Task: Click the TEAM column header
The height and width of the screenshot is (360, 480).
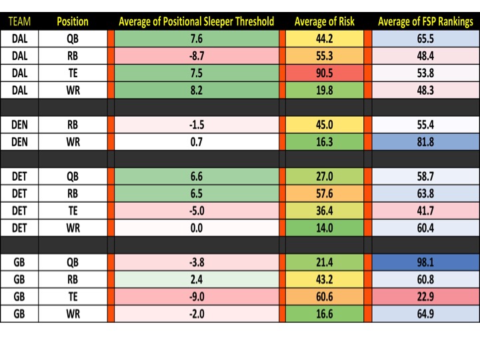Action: [x=19, y=21]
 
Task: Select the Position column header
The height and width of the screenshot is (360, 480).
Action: [x=73, y=21]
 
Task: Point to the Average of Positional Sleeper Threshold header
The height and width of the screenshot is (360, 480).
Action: [x=196, y=21]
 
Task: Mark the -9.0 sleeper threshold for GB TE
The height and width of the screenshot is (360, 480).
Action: [x=196, y=297]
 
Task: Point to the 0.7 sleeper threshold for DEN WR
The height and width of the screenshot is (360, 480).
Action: [x=196, y=141]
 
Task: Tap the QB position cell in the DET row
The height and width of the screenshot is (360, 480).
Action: [x=73, y=176]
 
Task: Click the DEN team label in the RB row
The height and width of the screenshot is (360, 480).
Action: [x=19, y=124]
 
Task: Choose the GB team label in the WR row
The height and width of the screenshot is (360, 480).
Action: [x=19, y=314]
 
